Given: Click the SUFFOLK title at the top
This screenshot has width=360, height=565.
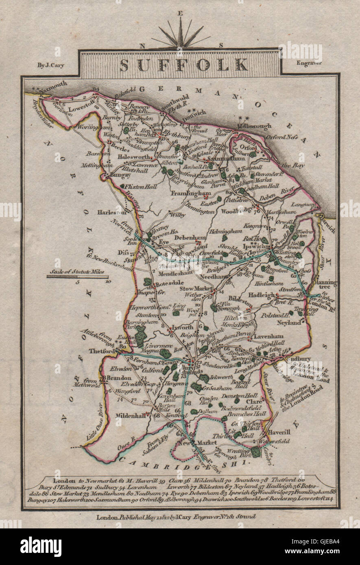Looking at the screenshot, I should coord(184,65).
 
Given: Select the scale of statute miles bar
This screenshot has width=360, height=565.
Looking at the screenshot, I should coord(77,276).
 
